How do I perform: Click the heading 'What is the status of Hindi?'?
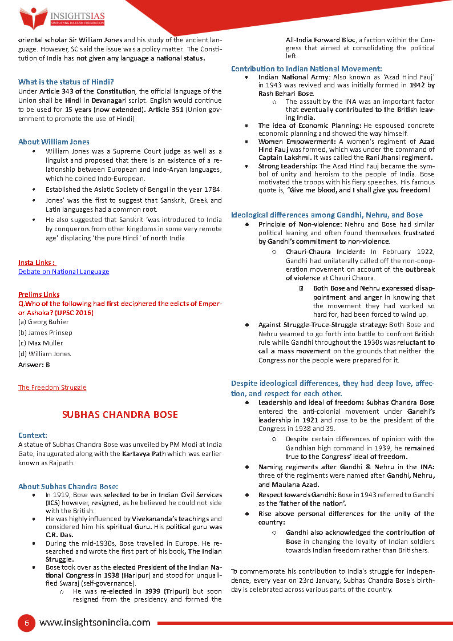[66, 82]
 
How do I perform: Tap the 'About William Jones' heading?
[54, 142]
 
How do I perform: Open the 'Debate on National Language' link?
[63, 272]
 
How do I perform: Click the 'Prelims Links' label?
[39, 295]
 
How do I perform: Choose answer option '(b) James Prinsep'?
[45, 333]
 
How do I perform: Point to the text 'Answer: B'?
[34, 364]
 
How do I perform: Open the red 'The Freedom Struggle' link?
[52, 388]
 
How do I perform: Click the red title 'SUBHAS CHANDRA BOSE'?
[120, 414]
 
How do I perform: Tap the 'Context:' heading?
[33, 435]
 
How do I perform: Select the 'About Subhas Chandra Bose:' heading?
[68, 486]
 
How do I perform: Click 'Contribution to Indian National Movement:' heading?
[306, 68]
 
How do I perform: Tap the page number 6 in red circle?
[25, 623]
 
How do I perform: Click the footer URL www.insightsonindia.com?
[95, 623]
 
